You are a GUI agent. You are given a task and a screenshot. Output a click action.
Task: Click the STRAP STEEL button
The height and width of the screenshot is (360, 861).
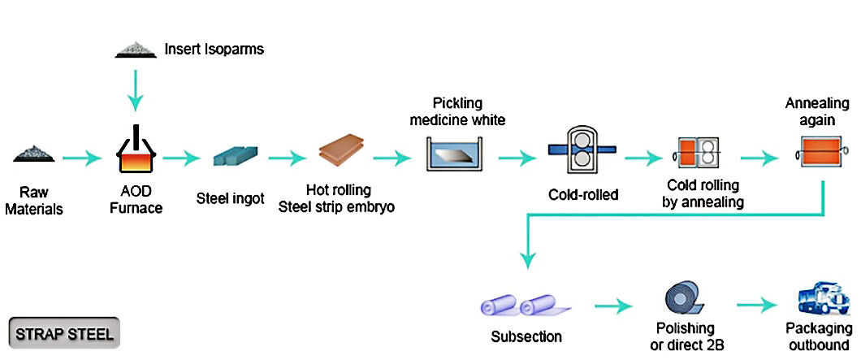coord(64,333)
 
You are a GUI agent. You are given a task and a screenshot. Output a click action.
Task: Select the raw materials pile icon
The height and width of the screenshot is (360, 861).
coord(34,154)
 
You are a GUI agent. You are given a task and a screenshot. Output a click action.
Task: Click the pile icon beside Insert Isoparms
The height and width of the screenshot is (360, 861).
coord(135,50)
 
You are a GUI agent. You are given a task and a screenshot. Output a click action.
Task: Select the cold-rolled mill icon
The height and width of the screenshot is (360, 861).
coord(582,149)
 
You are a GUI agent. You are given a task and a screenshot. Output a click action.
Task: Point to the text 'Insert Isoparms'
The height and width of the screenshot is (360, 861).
coord(214,49)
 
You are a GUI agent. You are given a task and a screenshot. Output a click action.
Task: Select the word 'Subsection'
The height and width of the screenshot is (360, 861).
coord(526,336)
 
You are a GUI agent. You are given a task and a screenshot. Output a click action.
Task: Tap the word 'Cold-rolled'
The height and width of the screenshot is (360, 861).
coord(582,194)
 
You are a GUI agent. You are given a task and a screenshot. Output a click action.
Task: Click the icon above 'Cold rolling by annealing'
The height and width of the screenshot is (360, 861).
coord(697,152)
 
